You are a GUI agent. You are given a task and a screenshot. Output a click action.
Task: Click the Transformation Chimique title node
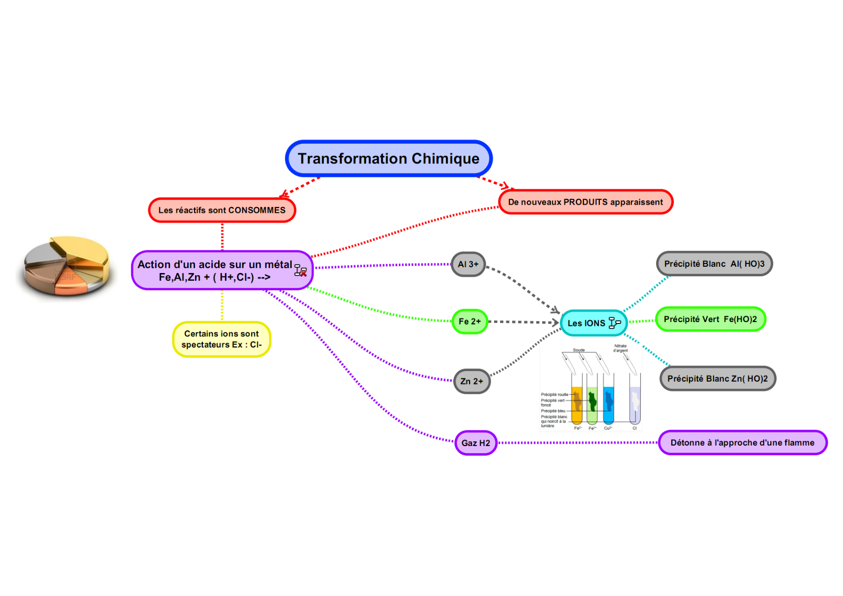pyautogui.click(x=388, y=159)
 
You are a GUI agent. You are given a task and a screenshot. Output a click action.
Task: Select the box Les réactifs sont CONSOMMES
pyautogui.click(x=222, y=210)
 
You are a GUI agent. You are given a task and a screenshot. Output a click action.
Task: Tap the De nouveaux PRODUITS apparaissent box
pyautogui.click(x=585, y=202)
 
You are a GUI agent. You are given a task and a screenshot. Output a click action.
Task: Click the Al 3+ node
pyautogui.click(x=468, y=264)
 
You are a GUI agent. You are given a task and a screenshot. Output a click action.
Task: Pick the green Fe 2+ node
pyautogui.click(x=470, y=322)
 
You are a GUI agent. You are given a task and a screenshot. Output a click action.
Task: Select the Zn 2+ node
pyautogui.click(x=471, y=381)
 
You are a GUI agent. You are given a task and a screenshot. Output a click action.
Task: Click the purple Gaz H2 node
pyautogui.click(x=476, y=443)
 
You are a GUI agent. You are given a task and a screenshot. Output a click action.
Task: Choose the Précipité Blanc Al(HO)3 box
pyautogui.click(x=714, y=264)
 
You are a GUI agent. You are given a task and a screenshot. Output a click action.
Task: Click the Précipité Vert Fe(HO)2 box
pyautogui.click(x=710, y=319)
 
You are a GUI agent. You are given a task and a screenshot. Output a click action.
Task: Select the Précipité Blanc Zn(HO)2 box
pyautogui.click(x=718, y=379)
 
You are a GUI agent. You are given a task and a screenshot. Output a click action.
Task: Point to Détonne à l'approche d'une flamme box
pyautogui.click(x=743, y=443)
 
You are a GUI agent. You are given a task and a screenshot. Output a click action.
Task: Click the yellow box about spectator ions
pyautogui.click(x=222, y=339)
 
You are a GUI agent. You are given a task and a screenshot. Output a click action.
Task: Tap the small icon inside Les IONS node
pyautogui.click(x=614, y=323)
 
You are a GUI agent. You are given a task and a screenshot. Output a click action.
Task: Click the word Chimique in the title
pyautogui.click(x=445, y=159)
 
